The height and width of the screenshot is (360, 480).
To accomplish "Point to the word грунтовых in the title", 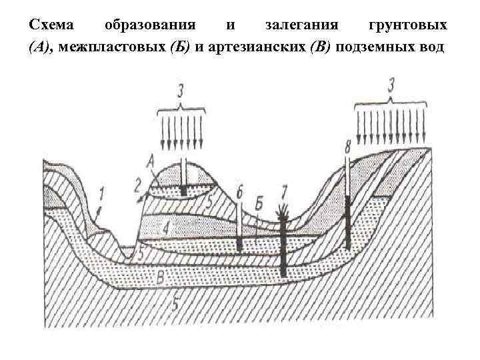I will [x=408, y=26].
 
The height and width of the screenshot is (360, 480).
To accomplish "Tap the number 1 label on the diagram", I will [x=101, y=195].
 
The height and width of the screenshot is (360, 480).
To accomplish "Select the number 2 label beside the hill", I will [x=138, y=185].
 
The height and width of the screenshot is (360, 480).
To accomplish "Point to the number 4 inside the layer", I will [x=166, y=229].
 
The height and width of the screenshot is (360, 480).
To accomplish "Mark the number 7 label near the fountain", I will [x=284, y=193].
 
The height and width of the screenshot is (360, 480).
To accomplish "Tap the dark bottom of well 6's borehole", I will [x=239, y=245].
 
